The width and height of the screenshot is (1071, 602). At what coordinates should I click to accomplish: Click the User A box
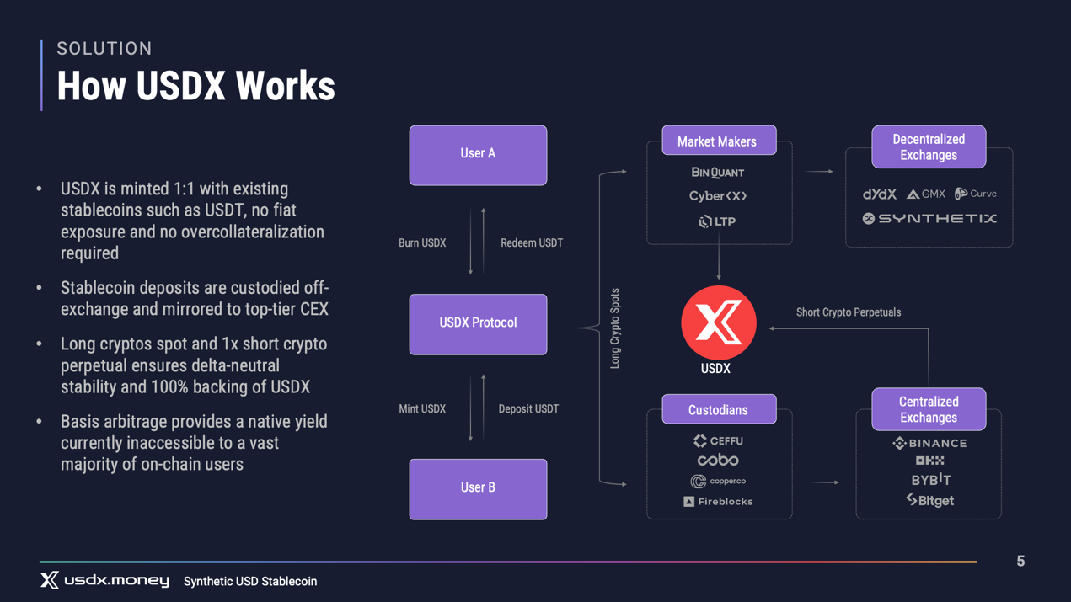pos(478,155)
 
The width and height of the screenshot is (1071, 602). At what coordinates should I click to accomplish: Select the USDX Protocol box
pos(478,324)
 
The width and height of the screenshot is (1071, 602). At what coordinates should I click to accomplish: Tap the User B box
pos(478,489)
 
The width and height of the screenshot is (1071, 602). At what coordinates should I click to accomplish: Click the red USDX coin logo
pos(718,322)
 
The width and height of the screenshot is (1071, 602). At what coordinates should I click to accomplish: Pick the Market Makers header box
pos(719,140)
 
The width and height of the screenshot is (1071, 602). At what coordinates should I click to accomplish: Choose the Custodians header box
pos(719,409)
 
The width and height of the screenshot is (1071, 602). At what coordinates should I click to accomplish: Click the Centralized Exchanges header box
pos(929,409)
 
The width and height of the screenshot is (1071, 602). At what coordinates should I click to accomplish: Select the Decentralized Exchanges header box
pos(929,147)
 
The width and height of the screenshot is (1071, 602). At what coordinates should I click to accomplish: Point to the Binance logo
pos(929,444)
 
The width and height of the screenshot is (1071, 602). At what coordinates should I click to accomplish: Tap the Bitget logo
pos(930,500)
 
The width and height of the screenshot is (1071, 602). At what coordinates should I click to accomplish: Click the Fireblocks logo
pos(718,501)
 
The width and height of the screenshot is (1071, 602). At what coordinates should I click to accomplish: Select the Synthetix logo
pos(929,218)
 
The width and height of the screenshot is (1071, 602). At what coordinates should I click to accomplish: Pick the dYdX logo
pos(879,194)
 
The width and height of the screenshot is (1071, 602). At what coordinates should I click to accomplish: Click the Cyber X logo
pos(718,196)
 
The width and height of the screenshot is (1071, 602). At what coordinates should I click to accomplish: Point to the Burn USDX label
pos(422,242)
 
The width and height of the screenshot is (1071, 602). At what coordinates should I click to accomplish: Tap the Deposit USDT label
pos(528,408)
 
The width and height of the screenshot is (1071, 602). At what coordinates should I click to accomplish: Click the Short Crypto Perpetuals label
pos(849,312)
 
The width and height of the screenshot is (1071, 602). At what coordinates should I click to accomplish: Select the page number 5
pos(1020,561)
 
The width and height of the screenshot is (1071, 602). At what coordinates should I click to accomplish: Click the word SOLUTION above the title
pos(104,48)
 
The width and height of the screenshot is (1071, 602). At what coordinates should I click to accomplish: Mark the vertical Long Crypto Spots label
pos(615,328)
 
